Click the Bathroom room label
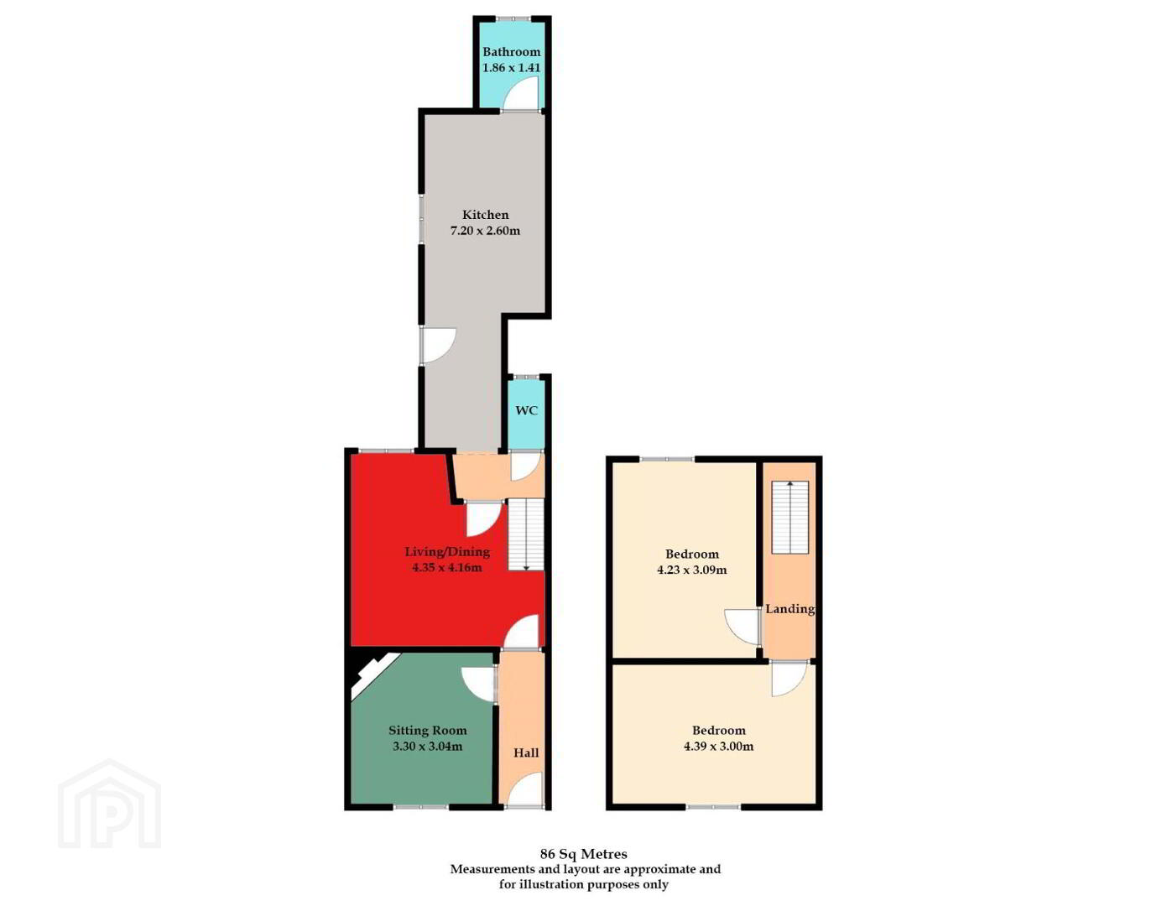pos(511,52)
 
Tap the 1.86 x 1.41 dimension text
pos(511,68)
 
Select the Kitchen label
pos(486,215)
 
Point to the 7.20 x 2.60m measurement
pos(485,231)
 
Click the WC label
pos(526,410)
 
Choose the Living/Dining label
pos(447,551)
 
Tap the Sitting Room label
pos(428,730)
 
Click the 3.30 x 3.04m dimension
pos(428,746)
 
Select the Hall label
pos(526,752)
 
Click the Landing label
pos(790,609)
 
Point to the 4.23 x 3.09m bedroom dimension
pos(691,570)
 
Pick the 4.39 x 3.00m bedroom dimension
pos(718,746)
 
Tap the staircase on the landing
pos(790,518)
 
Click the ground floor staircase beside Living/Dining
pos(526,535)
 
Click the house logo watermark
pos(110,804)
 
